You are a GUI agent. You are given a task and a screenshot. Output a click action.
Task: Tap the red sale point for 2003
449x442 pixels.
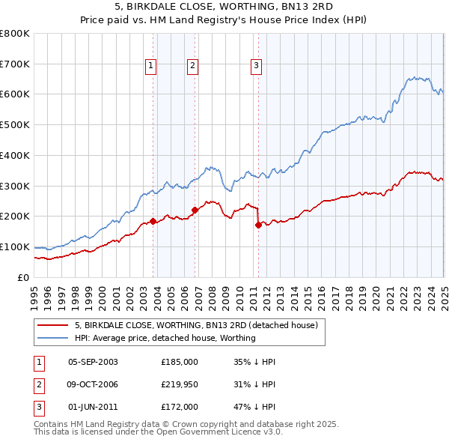(153, 221)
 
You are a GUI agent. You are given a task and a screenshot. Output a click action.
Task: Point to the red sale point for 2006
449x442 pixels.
(195, 210)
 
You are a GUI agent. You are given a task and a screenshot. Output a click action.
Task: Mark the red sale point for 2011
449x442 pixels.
(258, 224)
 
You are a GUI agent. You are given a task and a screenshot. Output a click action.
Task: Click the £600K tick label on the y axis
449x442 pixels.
(15, 94)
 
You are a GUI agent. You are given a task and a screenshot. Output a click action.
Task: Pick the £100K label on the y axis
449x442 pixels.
(15, 246)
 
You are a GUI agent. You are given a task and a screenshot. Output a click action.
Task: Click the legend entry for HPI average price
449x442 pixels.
(165, 338)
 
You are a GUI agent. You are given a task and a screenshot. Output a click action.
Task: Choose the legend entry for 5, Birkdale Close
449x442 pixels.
(197, 325)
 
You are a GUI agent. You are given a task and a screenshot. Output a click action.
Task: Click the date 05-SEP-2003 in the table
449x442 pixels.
(93, 361)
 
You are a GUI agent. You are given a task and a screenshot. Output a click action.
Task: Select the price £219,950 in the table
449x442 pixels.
(180, 384)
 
